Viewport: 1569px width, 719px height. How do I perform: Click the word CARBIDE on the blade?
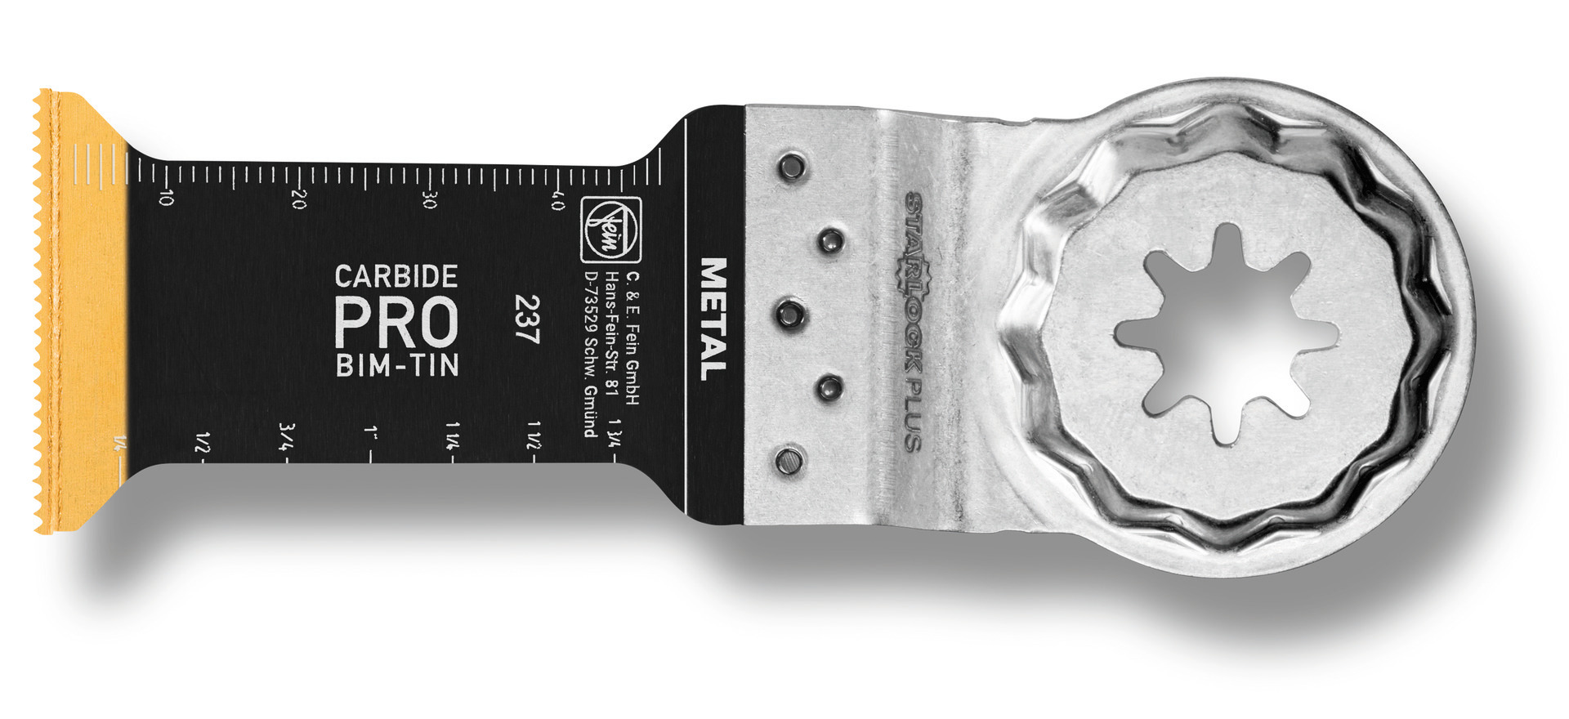[396, 276]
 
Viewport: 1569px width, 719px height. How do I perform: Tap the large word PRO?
[396, 322]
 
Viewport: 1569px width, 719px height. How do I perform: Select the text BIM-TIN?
[396, 365]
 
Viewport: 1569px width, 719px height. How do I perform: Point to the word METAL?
[713, 319]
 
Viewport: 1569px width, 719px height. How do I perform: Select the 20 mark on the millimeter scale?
[298, 199]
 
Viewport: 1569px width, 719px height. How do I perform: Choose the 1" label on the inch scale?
[372, 431]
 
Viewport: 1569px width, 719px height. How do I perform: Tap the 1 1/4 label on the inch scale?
[454, 433]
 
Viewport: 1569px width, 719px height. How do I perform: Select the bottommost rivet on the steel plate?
[788, 462]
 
